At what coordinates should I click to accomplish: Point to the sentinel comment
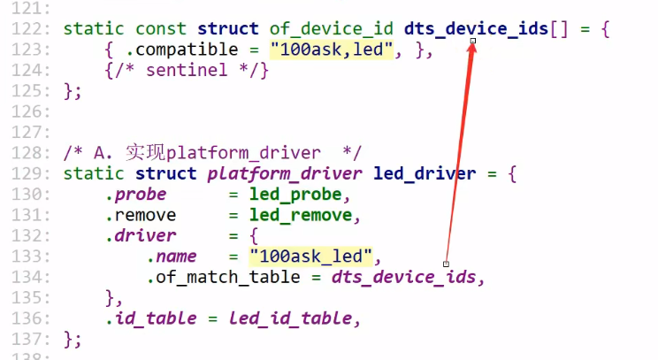(x=186, y=71)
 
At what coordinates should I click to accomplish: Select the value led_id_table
(x=294, y=318)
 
